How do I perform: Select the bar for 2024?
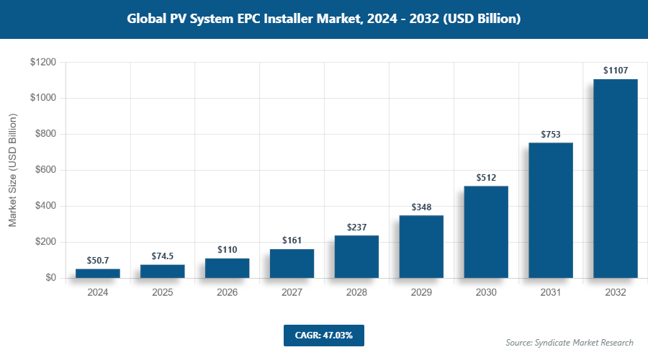pyautogui.click(x=98, y=273)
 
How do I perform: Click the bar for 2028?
pyautogui.click(x=356, y=256)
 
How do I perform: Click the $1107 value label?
pyautogui.click(x=616, y=71)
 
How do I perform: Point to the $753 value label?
pyautogui.click(x=551, y=134)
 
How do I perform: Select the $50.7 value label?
pyautogui.click(x=98, y=260)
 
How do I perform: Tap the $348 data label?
pyautogui.click(x=421, y=207)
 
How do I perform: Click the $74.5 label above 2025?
pyautogui.click(x=163, y=256)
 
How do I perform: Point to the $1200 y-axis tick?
pyautogui.click(x=43, y=63)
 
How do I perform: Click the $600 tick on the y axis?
pyautogui.click(x=45, y=170)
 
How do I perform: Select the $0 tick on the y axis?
pyautogui.click(x=50, y=278)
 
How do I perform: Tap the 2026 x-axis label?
pyautogui.click(x=228, y=293)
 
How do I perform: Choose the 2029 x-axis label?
pyautogui.click(x=421, y=293)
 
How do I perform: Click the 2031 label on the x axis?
pyautogui.click(x=551, y=293)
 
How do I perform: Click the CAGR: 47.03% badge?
pyautogui.click(x=324, y=335)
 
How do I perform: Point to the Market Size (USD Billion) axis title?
pyautogui.click(x=12, y=170)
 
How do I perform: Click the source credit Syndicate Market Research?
pyautogui.click(x=569, y=342)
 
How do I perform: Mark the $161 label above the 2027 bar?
pyautogui.click(x=292, y=240)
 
